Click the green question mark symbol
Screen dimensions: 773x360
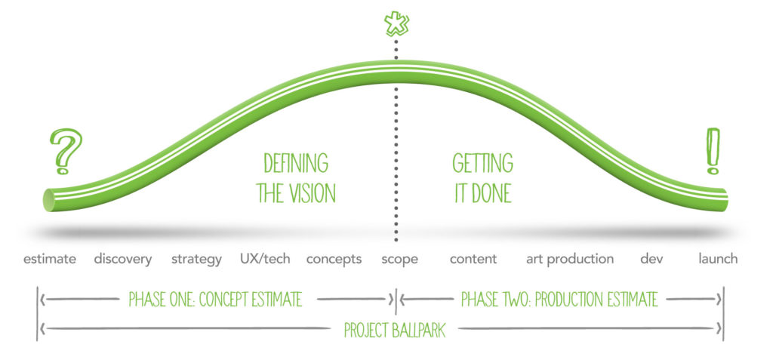tap(66, 151)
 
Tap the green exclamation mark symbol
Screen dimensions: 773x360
tap(713, 151)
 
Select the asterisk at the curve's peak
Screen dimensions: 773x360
tap(396, 23)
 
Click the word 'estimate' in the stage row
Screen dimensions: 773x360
tap(50, 259)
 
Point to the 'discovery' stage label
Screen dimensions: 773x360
tap(123, 259)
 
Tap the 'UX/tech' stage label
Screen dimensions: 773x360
tap(265, 258)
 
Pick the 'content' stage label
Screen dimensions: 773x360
tap(473, 259)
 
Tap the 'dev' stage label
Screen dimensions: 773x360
tap(651, 258)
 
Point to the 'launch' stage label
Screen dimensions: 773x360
tap(719, 258)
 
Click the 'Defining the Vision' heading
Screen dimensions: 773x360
tap(296, 179)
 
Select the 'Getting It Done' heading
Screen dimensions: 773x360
tap(482, 179)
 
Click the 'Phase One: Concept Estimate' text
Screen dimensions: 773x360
tap(215, 300)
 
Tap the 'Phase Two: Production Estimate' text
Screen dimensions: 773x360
tap(559, 300)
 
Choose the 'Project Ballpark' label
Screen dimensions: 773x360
tap(395, 330)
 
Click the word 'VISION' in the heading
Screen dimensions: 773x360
tap(312, 193)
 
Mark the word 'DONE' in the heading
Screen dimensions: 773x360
tap(490, 193)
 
